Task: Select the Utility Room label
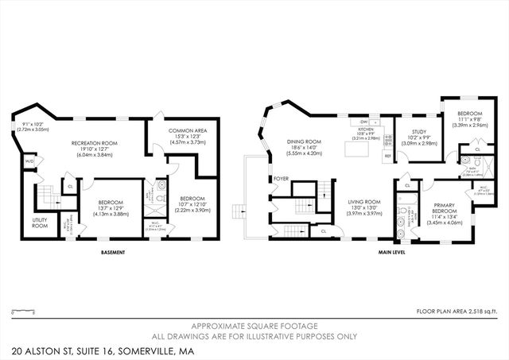pos(40,222)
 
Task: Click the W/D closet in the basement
pos(29,163)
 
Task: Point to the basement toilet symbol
pos(161,189)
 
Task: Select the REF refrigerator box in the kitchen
pos(387,157)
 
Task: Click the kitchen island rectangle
pos(353,149)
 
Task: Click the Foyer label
pos(281,179)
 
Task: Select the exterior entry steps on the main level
pos(237,212)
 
